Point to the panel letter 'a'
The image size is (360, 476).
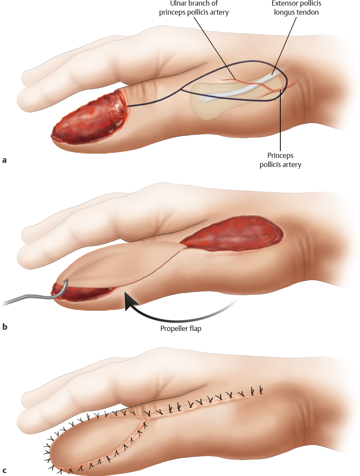pyautogui.click(x=5, y=160)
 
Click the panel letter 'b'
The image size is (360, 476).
pyautogui.click(x=5, y=327)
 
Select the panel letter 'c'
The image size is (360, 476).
pyautogui.click(x=5, y=470)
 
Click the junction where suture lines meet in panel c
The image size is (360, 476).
pyautogui.click(x=146, y=416)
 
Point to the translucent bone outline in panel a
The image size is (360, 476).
pyautogui.click(x=207, y=105)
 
